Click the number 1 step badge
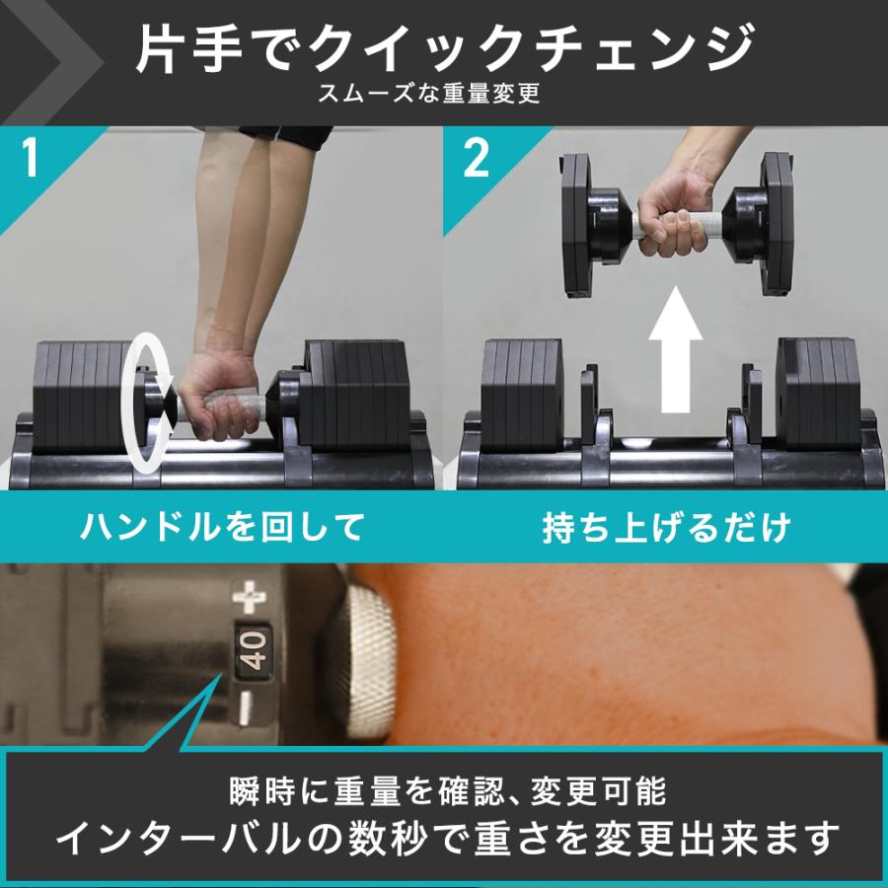tap(31, 160)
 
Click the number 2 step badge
tap(477, 160)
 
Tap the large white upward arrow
tap(674, 349)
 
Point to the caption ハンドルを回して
tap(222, 527)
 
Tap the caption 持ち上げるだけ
tap(667, 527)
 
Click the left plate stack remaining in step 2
tap(520, 395)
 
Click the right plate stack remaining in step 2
tap(818, 395)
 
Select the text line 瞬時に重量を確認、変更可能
tap(444, 790)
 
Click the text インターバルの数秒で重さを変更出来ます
tap(444, 839)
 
